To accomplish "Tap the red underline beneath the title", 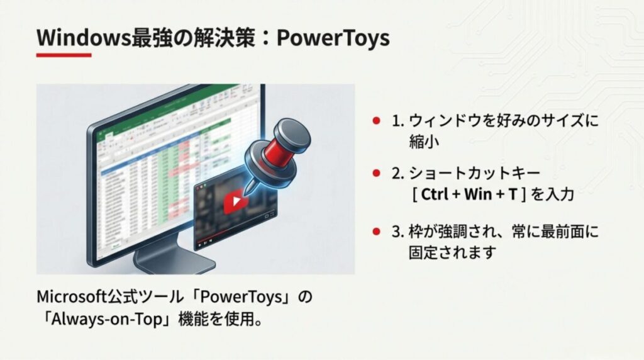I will pos(64,55).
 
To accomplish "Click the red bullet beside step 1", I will pos(376,120).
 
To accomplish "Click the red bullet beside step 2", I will pos(376,172).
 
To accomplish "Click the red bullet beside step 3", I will pos(376,232).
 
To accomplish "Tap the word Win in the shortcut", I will pos(477,194).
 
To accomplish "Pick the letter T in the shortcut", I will pos(513,194).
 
